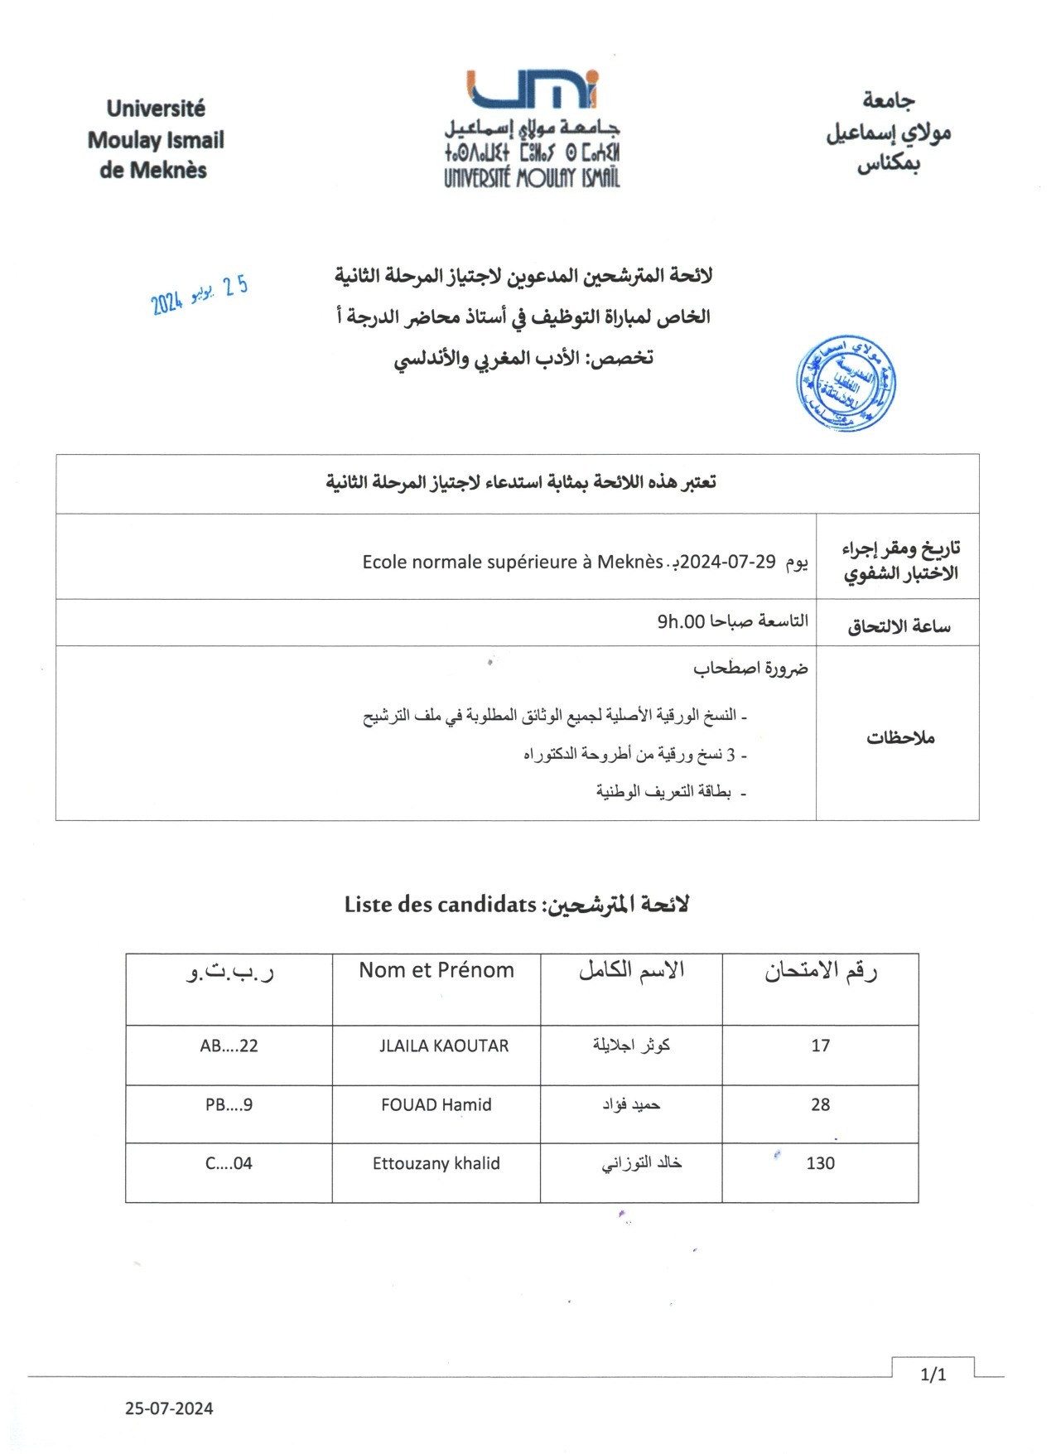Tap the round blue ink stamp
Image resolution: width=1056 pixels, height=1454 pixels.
pos(846,384)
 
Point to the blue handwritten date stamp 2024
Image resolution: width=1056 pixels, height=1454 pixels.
pos(200,295)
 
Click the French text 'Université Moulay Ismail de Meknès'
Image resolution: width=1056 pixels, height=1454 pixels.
pos(156,139)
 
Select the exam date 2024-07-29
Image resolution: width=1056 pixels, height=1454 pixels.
pos(728,562)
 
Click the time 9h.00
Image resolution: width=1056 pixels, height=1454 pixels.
pos(681,621)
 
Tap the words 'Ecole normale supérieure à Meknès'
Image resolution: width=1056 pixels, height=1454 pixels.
pos(513,562)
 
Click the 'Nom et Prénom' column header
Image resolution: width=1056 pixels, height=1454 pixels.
pos(436,970)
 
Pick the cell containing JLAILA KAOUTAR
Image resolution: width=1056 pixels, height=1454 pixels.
pos(444,1046)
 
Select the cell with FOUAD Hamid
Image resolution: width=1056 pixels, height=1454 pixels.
pos(436,1104)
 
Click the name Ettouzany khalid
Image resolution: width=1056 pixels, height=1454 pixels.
pos(436,1163)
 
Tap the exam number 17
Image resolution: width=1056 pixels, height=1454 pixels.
pos(820,1046)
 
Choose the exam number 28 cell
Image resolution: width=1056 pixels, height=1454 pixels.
pos(820,1104)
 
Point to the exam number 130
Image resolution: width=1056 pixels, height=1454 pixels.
pos(820,1163)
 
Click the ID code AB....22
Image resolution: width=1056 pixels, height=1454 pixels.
pos(229,1046)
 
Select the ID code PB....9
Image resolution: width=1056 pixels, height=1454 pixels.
pos(229,1104)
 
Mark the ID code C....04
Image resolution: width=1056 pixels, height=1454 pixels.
pos(229,1163)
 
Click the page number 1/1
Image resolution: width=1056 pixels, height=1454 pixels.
pos(933,1375)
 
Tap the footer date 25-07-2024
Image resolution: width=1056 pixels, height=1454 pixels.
pos(169,1408)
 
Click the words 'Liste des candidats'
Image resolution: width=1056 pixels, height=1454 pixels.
pos(441,905)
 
